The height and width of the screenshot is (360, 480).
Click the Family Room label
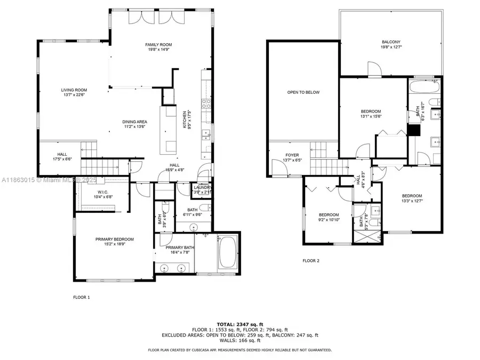[158, 45]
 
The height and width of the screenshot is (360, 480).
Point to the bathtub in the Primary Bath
[228, 253]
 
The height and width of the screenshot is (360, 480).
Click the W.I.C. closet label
[103, 192]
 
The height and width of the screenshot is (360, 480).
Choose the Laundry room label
[203, 187]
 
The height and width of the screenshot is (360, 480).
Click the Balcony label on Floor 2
[391, 42]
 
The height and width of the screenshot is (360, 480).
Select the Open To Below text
[303, 92]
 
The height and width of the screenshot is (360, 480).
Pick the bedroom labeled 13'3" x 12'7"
[412, 196]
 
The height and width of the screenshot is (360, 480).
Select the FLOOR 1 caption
[82, 297]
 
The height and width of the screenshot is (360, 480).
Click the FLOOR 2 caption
[310, 261]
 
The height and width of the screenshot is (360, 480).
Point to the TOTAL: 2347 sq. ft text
[239, 324]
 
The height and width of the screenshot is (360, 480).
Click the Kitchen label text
[185, 120]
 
